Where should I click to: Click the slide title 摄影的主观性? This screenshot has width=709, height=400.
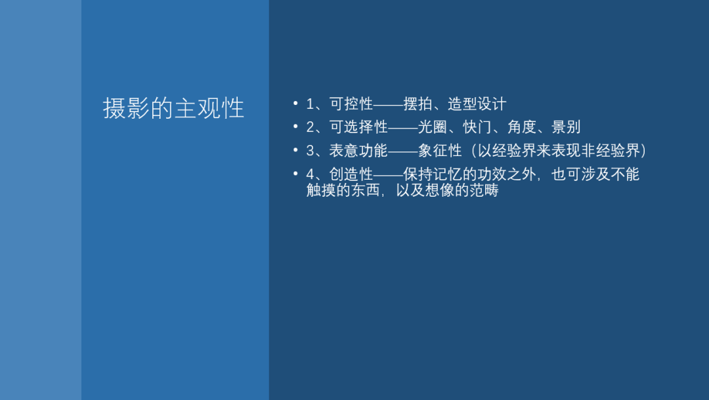pyautogui.click(x=173, y=108)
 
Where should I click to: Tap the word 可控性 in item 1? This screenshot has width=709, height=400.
pyautogui.click(x=351, y=104)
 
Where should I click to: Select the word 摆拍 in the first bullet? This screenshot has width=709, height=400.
pyautogui.click(x=418, y=104)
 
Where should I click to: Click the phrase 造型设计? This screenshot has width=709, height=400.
pyautogui.click(x=477, y=104)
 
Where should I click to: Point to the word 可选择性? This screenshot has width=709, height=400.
pyautogui.click(x=358, y=127)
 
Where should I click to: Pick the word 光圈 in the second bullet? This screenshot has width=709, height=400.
pyautogui.click(x=433, y=127)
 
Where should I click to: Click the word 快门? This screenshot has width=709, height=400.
pyautogui.click(x=477, y=127)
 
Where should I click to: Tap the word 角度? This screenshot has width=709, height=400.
pyautogui.click(x=522, y=127)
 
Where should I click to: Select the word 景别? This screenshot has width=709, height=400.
pyautogui.click(x=566, y=127)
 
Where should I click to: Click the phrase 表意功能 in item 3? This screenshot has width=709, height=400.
pyautogui.click(x=358, y=150)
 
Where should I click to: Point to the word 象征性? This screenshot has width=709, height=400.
pyautogui.click(x=440, y=150)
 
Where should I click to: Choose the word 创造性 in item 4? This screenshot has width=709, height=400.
pyautogui.click(x=351, y=174)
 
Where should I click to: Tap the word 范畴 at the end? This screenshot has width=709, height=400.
pyautogui.click(x=484, y=190)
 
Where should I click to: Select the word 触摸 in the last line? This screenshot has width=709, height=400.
pyautogui.click(x=321, y=190)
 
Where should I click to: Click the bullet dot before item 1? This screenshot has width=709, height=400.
pyautogui.click(x=295, y=104)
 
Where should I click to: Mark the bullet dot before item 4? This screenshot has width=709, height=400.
pyautogui.click(x=295, y=173)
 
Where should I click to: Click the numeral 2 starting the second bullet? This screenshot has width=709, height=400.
pyautogui.click(x=310, y=127)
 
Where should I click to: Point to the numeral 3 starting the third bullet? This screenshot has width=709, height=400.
pyautogui.click(x=310, y=151)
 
